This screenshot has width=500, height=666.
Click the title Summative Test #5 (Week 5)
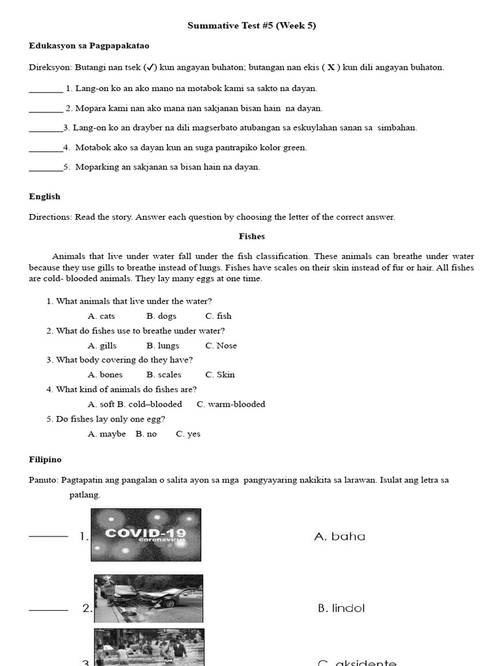(251, 25)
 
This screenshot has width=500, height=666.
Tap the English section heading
(44, 196)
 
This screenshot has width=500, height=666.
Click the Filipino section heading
(45, 459)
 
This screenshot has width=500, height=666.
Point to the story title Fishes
(251, 237)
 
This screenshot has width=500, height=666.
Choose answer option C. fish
(218, 316)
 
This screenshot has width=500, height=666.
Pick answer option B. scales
(164, 375)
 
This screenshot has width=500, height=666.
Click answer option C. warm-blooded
(231, 405)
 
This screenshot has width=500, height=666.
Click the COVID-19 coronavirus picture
(146, 535)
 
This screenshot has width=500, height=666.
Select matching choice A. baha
(339, 537)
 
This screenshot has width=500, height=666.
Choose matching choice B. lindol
(341, 609)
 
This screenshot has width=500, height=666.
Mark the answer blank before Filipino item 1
(49, 536)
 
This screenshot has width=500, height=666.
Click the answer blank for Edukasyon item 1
(46, 91)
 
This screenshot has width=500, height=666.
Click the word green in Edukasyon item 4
(295, 148)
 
